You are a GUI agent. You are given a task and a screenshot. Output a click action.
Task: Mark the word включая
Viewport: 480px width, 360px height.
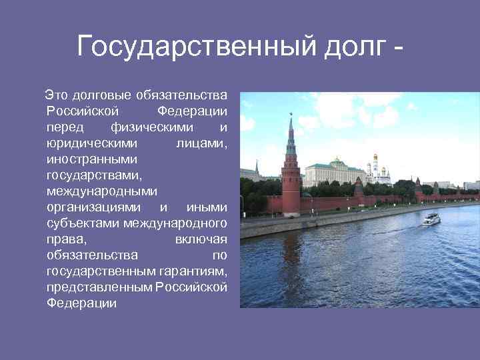pyautogui.click(x=201, y=239)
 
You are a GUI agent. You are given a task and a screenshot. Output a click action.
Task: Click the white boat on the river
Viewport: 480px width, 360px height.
pyautogui.click(x=431, y=219)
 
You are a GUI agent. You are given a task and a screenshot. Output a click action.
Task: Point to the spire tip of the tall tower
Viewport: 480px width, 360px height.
pyautogui.click(x=291, y=115)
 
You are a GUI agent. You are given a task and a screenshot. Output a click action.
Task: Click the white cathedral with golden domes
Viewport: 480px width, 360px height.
pyautogui.click(x=377, y=169)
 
